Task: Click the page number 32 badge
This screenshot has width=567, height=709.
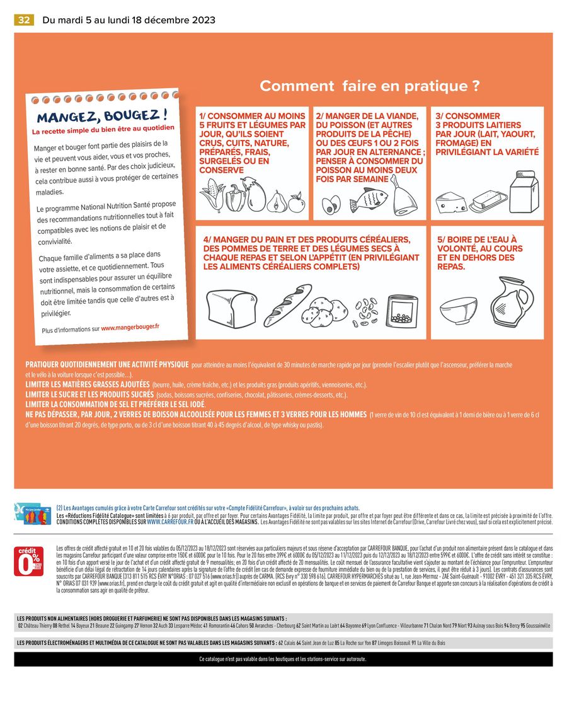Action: [24, 20]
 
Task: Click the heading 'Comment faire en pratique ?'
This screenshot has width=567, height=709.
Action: [370, 86]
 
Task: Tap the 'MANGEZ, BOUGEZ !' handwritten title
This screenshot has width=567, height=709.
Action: [101, 117]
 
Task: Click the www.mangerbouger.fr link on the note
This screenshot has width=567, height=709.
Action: [130, 326]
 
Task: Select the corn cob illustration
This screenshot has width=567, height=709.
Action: [212, 193]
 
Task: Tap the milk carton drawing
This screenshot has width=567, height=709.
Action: [524, 191]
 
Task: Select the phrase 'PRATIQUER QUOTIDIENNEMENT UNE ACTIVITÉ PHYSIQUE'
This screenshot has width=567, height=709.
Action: [107, 365]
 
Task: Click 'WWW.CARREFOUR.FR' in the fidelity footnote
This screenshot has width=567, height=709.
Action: [171, 522]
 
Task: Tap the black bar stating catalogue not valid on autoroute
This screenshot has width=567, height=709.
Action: [283, 659]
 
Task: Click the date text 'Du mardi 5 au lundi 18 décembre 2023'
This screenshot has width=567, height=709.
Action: [129, 20]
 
